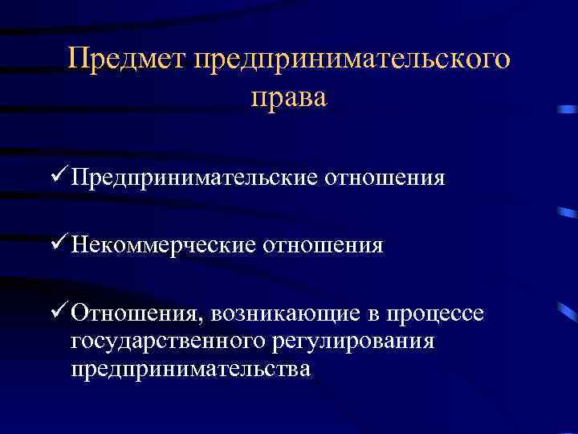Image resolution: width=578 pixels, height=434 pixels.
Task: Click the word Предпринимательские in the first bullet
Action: pyautogui.click(x=193, y=177)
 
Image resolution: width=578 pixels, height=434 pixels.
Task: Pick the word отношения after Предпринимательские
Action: pyautogui.click(x=384, y=177)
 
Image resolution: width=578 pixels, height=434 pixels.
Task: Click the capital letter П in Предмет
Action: pyautogui.click(x=78, y=60)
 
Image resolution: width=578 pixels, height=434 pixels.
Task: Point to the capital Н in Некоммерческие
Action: pyautogui.click(x=78, y=244)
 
